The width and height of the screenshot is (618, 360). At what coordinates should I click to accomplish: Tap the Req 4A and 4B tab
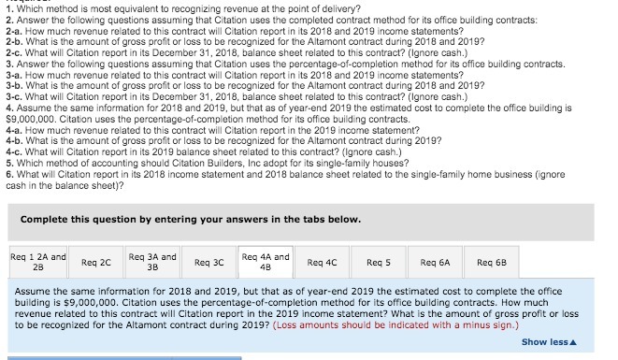tap(266, 262)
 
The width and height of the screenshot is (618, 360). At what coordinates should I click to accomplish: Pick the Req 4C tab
tap(323, 263)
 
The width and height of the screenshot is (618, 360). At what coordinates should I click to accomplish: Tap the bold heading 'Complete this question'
tap(189, 219)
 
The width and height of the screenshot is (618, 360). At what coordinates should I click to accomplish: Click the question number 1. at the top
tap(10, 5)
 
